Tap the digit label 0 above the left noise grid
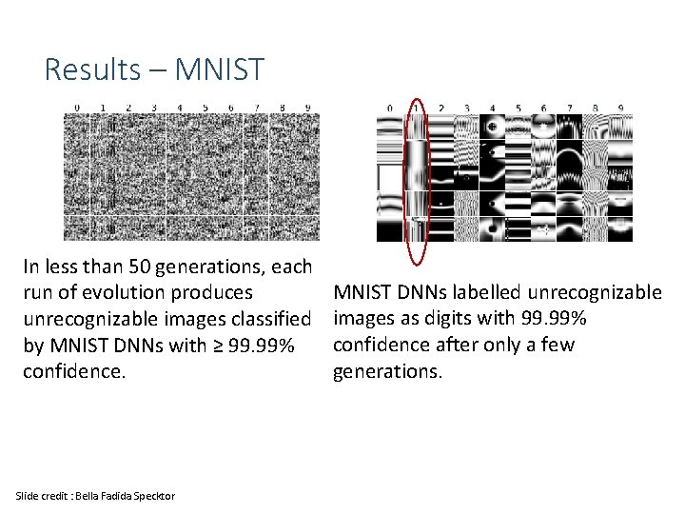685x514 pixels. tap(77, 108)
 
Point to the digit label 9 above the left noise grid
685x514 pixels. tap(306, 108)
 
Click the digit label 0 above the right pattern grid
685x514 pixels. tap(390, 108)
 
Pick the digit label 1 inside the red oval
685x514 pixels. tap(416, 108)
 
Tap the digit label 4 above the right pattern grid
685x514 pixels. tap(492, 108)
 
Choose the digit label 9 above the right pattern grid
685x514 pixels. tap(620, 108)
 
